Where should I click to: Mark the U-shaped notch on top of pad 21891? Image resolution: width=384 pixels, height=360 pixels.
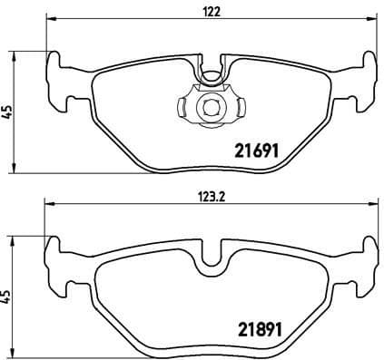coord(211,254)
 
